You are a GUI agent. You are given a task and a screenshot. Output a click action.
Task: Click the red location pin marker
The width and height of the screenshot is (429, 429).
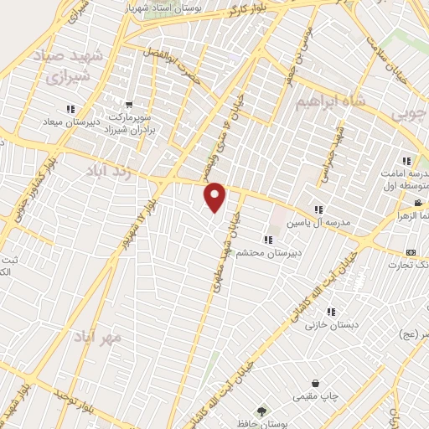pos(215,196)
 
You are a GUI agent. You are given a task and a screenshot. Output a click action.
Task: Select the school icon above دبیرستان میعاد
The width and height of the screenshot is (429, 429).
pos(70,109)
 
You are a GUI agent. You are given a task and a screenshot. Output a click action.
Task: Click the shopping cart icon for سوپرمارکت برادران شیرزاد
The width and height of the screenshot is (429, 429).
pos(129,105)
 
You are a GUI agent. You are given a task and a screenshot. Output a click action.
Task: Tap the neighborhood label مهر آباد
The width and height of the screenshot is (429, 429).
pos(98,337)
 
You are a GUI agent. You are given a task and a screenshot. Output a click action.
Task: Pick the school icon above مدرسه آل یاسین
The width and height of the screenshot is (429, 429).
pos(318,209)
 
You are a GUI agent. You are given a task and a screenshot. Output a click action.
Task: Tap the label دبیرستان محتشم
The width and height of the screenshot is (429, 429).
pos(261,253)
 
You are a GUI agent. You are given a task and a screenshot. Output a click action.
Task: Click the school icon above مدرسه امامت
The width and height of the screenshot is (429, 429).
pos(406,161)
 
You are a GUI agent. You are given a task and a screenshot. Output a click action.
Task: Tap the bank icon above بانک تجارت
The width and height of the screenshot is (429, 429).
pos(411,252)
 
